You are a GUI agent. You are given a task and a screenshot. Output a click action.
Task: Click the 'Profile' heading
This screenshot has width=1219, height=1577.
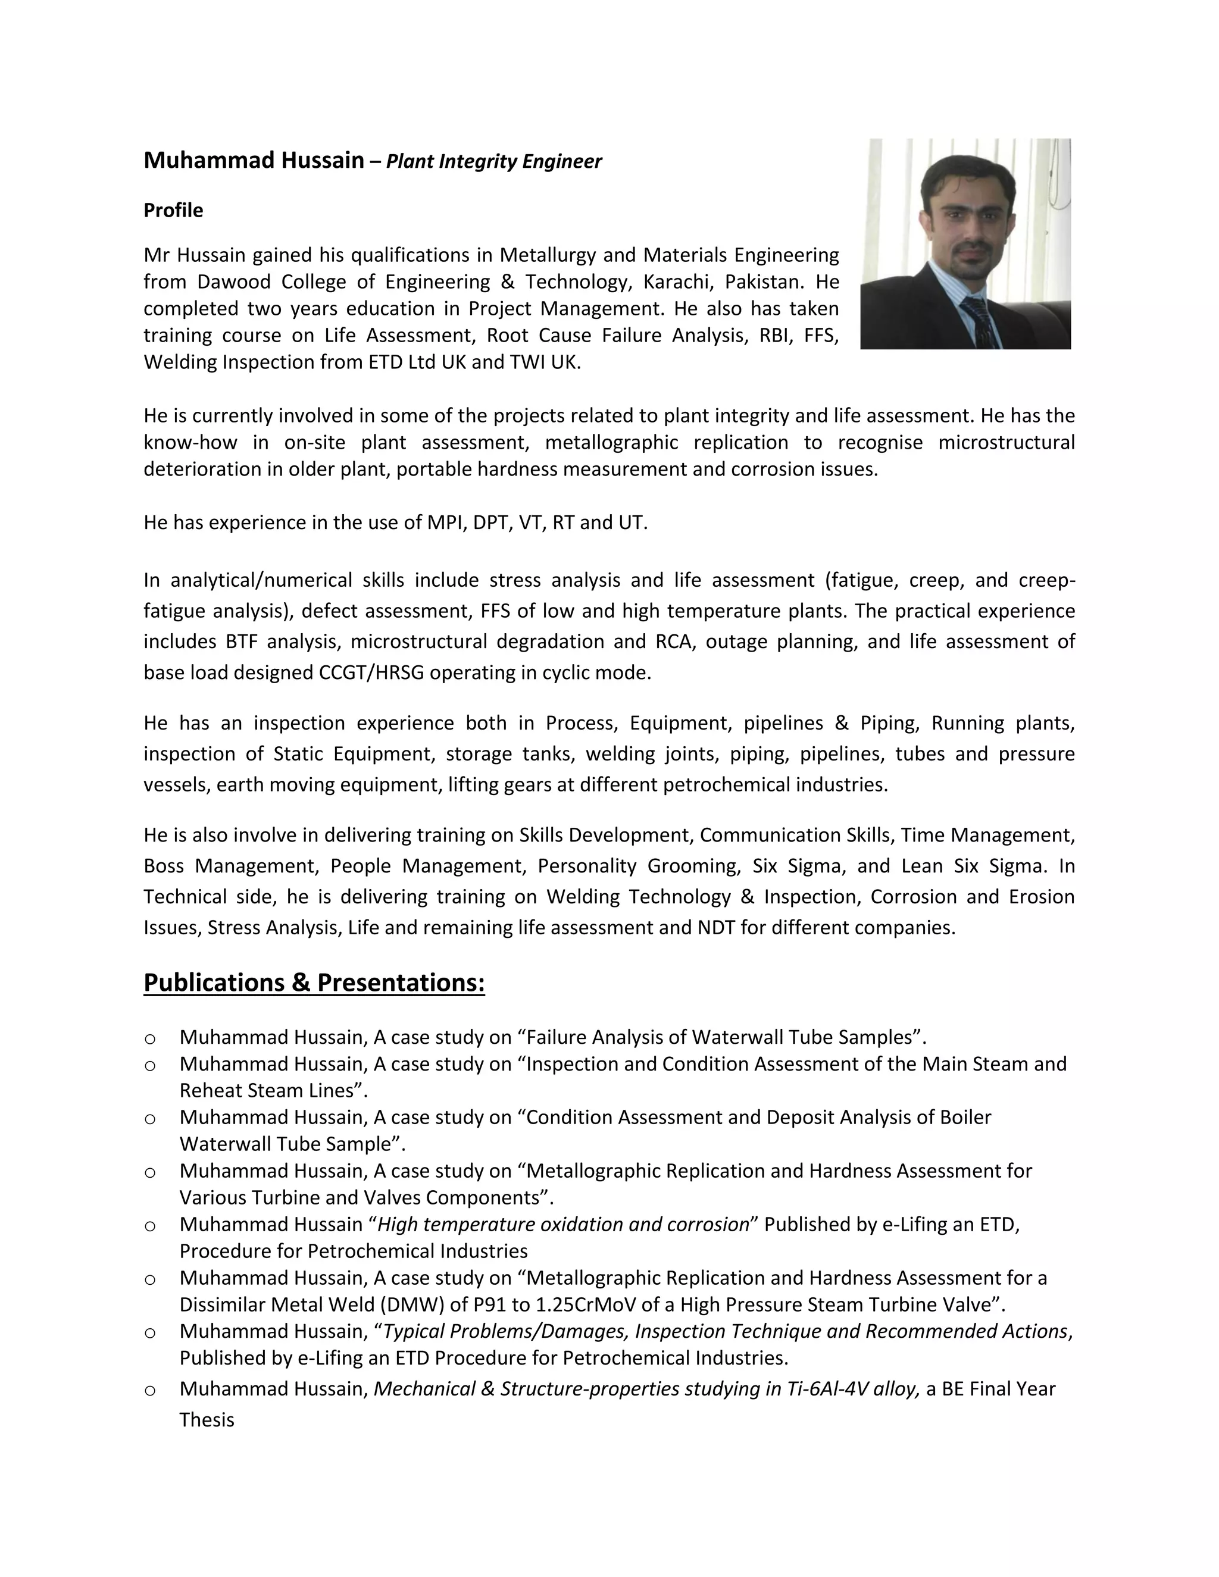[173, 210]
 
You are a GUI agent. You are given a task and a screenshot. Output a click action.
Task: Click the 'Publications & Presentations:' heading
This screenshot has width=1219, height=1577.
[314, 983]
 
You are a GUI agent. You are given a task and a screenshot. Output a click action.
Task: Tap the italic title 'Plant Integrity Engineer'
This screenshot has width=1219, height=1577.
[493, 161]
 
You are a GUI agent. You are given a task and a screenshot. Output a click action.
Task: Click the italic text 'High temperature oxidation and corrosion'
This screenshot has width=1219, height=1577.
[563, 1225]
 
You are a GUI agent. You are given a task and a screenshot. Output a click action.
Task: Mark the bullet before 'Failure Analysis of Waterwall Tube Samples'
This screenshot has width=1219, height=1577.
[150, 1039]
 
